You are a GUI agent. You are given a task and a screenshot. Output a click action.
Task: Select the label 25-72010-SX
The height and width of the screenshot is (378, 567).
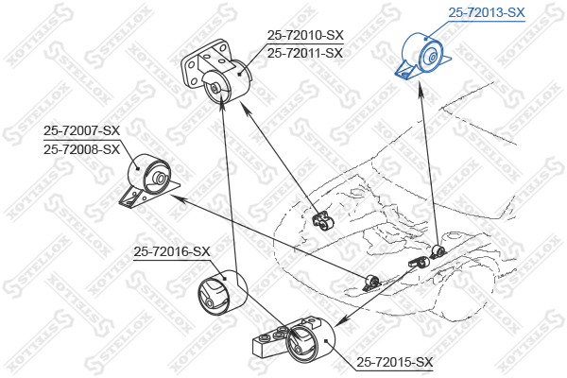[305, 35]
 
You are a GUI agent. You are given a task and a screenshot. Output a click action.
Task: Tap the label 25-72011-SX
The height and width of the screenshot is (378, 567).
[305, 53]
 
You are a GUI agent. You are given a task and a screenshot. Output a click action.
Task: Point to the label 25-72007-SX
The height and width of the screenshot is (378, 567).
[82, 131]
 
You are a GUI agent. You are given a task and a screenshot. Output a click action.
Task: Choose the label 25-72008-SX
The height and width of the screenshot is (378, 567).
[82, 149]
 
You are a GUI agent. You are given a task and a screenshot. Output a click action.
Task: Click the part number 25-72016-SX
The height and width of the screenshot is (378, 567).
[171, 251]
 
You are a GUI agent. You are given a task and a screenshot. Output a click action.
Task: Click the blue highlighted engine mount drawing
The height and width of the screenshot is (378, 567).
[420, 57]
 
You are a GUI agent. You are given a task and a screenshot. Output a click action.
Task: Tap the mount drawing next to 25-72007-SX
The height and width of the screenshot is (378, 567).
[147, 179]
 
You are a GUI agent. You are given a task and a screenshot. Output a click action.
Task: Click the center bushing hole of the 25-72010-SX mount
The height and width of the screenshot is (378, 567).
[216, 91]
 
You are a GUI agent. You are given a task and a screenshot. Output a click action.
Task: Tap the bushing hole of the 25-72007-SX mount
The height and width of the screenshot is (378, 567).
[161, 179]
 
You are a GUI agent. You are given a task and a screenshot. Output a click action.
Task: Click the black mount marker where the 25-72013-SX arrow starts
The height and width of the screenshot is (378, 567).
[438, 251]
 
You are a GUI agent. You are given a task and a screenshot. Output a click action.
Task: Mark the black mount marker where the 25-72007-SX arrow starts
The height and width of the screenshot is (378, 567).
[371, 281]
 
